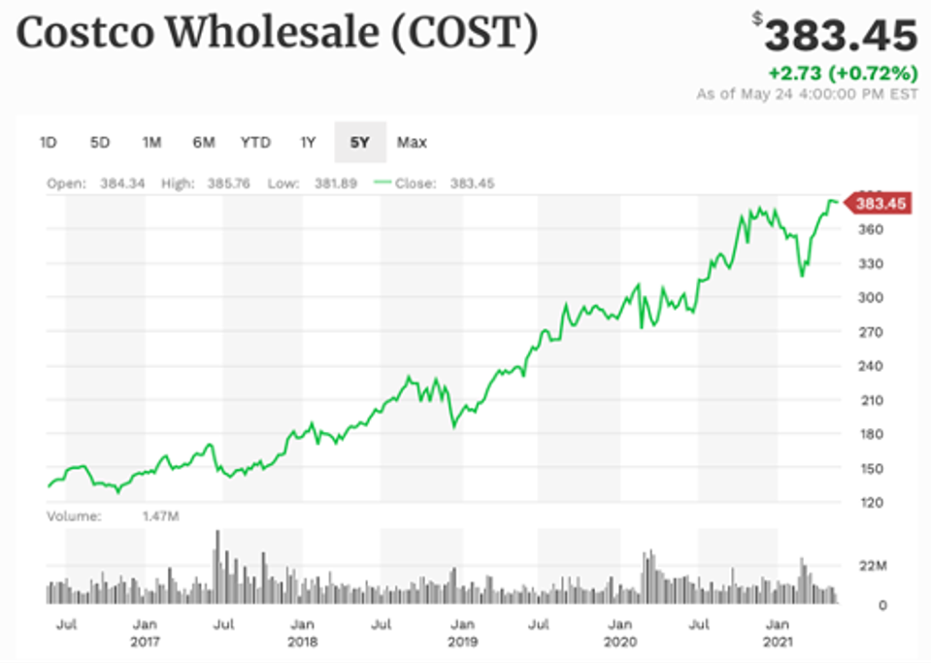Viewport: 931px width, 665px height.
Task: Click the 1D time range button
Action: pos(48,143)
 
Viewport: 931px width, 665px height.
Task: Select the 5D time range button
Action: pos(99,143)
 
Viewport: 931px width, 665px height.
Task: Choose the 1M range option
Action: pos(151,143)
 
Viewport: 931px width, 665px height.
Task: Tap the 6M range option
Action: pos(203,143)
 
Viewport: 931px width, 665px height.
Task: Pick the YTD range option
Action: pos(255,143)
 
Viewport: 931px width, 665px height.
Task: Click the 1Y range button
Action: pos(308,143)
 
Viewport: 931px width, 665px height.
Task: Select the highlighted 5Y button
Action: pos(360,143)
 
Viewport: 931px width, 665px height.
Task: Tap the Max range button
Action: pos(412,143)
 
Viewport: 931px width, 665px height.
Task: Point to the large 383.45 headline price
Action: pos(841,37)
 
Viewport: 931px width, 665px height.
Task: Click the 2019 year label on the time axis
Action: pos(462,642)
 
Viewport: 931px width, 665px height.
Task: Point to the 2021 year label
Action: pos(777,642)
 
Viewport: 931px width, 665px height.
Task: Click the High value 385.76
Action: pos(228,183)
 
